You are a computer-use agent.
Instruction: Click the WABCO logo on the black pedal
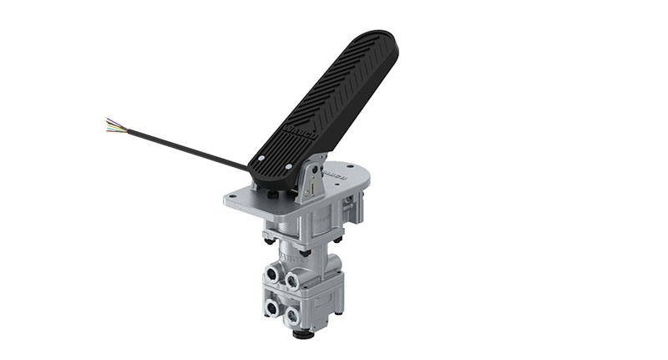[295, 134]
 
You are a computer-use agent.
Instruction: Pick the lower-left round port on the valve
[273, 308]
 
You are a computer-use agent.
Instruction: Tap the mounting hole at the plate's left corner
[235, 198]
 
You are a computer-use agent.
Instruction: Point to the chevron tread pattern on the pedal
[334, 92]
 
